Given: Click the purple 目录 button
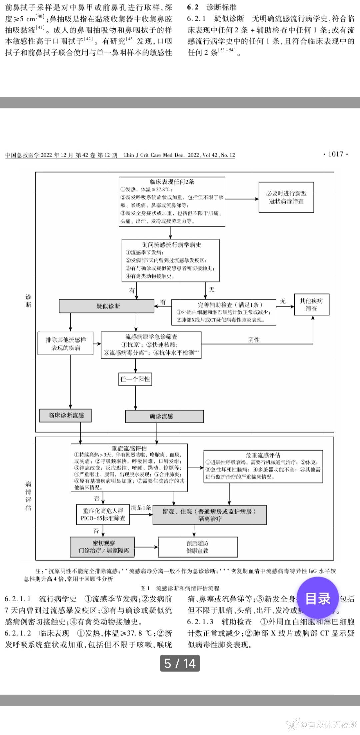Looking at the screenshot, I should pyautogui.click(x=318, y=598).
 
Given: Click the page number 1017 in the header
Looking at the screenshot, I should pyautogui.click(x=335, y=154).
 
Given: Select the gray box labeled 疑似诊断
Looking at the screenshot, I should pyautogui.click(x=107, y=306).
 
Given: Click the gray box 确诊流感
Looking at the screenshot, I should pyautogui.click(x=164, y=416).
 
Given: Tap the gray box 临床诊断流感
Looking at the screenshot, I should pyautogui.click(x=66, y=415).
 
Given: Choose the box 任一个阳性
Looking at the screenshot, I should pyautogui.click(x=135, y=379).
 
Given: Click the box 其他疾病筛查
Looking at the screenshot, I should pyautogui.click(x=311, y=304).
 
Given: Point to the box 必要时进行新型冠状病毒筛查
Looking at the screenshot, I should pyautogui.click(x=286, y=197).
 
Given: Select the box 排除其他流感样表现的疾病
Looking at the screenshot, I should pyautogui.click(x=66, y=343).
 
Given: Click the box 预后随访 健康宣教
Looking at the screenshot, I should pyautogui.click(x=197, y=547).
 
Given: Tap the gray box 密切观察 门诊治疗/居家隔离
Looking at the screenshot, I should pyautogui.click(x=102, y=547).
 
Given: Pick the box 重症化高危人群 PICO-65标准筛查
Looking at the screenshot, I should pyautogui.click(x=103, y=515).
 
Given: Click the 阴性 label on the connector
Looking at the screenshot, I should pyautogui.click(x=254, y=340).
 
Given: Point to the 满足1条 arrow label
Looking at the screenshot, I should pyautogui.click(x=141, y=508).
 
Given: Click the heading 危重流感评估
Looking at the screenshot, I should pyautogui.click(x=263, y=455).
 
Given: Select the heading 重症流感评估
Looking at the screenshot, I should pyautogui.click(x=129, y=448).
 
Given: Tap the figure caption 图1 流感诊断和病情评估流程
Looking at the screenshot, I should pyautogui.click(x=180, y=588).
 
